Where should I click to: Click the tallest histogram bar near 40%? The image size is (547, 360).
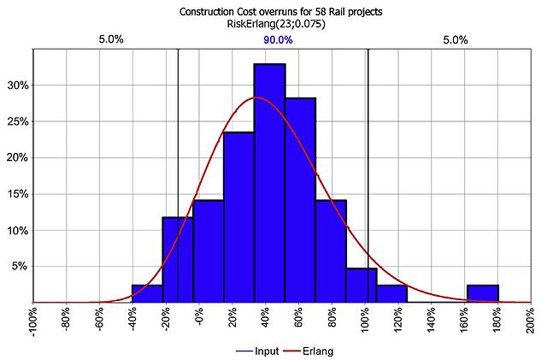pos(269,183)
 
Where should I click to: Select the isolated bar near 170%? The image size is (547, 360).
pos(482,293)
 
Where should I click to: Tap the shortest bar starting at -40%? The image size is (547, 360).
pos(147,293)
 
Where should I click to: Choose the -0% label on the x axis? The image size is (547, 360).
pos(198,320)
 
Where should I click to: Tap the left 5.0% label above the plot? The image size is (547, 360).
pos(112,39)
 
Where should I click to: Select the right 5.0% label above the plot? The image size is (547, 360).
pos(456,39)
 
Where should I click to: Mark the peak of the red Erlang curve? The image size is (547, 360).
pos(256,98)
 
